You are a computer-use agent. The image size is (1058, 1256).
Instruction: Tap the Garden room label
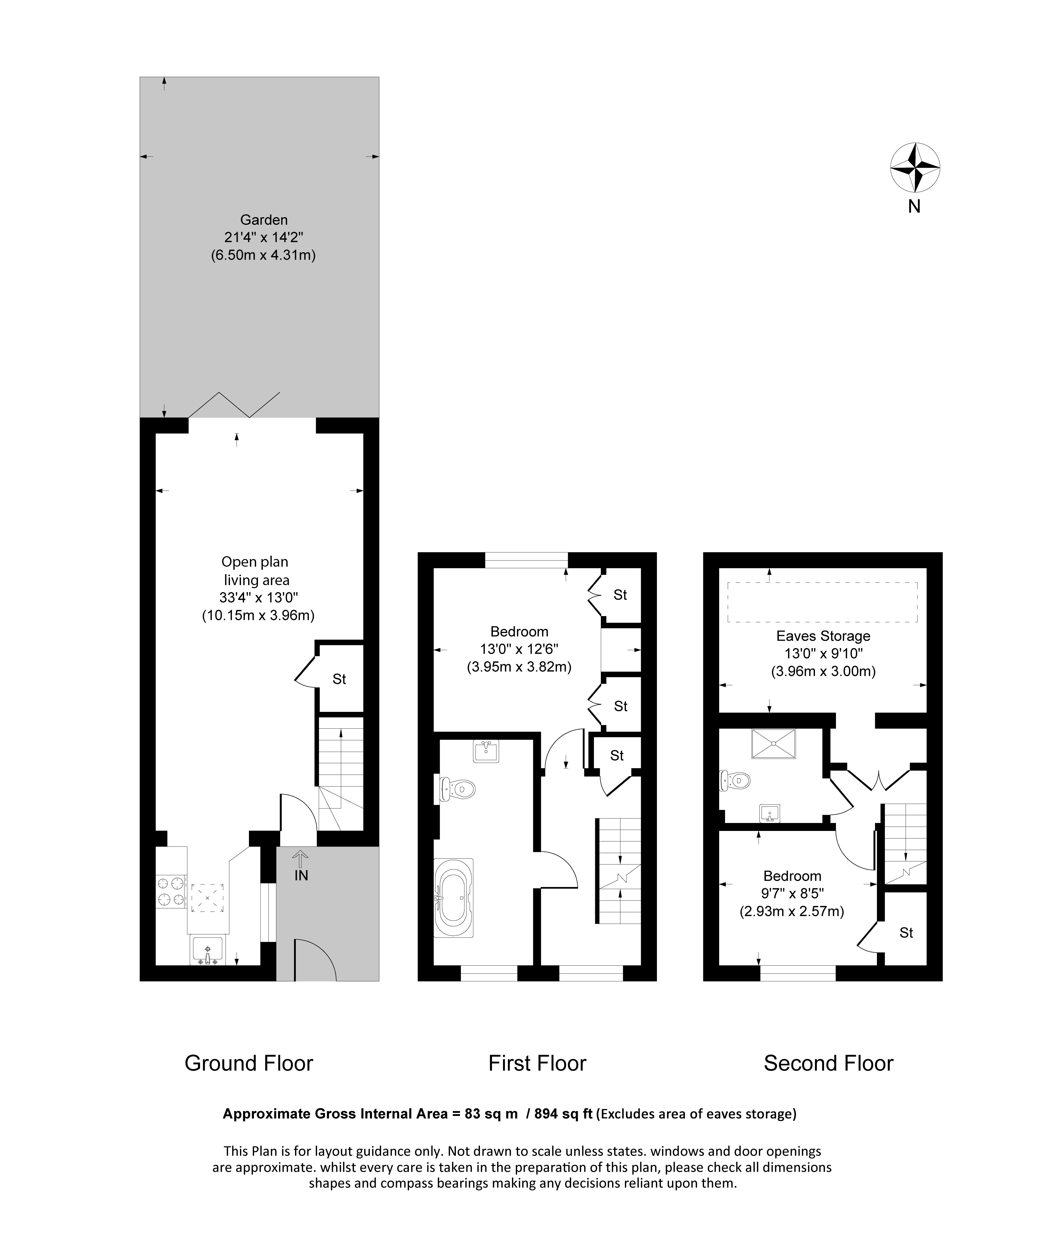click(x=264, y=220)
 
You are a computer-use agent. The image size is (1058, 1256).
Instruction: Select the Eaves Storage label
click(x=823, y=636)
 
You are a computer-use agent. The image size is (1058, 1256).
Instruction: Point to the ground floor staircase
click(x=340, y=773)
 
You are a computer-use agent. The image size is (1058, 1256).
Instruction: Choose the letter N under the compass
click(x=914, y=206)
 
